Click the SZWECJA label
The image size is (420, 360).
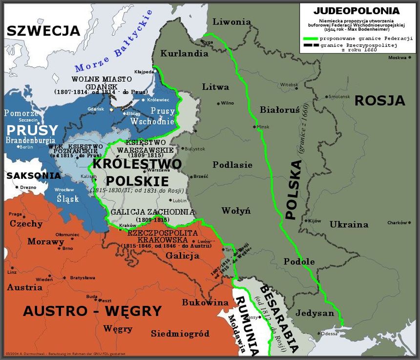pyautogui.click(x=43, y=31)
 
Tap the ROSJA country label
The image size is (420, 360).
pyautogui.click(x=379, y=101)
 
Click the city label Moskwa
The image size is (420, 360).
pyautogui.click(x=397, y=58)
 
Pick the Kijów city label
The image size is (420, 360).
pyautogui.click(x=315, y=221)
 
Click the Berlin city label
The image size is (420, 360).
pyautogui.click(x=26, y=147)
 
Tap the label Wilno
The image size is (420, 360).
pyautogui.click(x=227, y=103)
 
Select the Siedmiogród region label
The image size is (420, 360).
pyautogui.click(x=180, y=334)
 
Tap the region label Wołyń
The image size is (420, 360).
pyautogui.click(x=236, y=211)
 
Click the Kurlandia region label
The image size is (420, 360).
pyautogui.click(x=184, y=54)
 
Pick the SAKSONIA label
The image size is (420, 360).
pyautogui.click(x=26, y=175)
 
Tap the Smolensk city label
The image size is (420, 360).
pyautogui.click(x=339, y=97)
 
